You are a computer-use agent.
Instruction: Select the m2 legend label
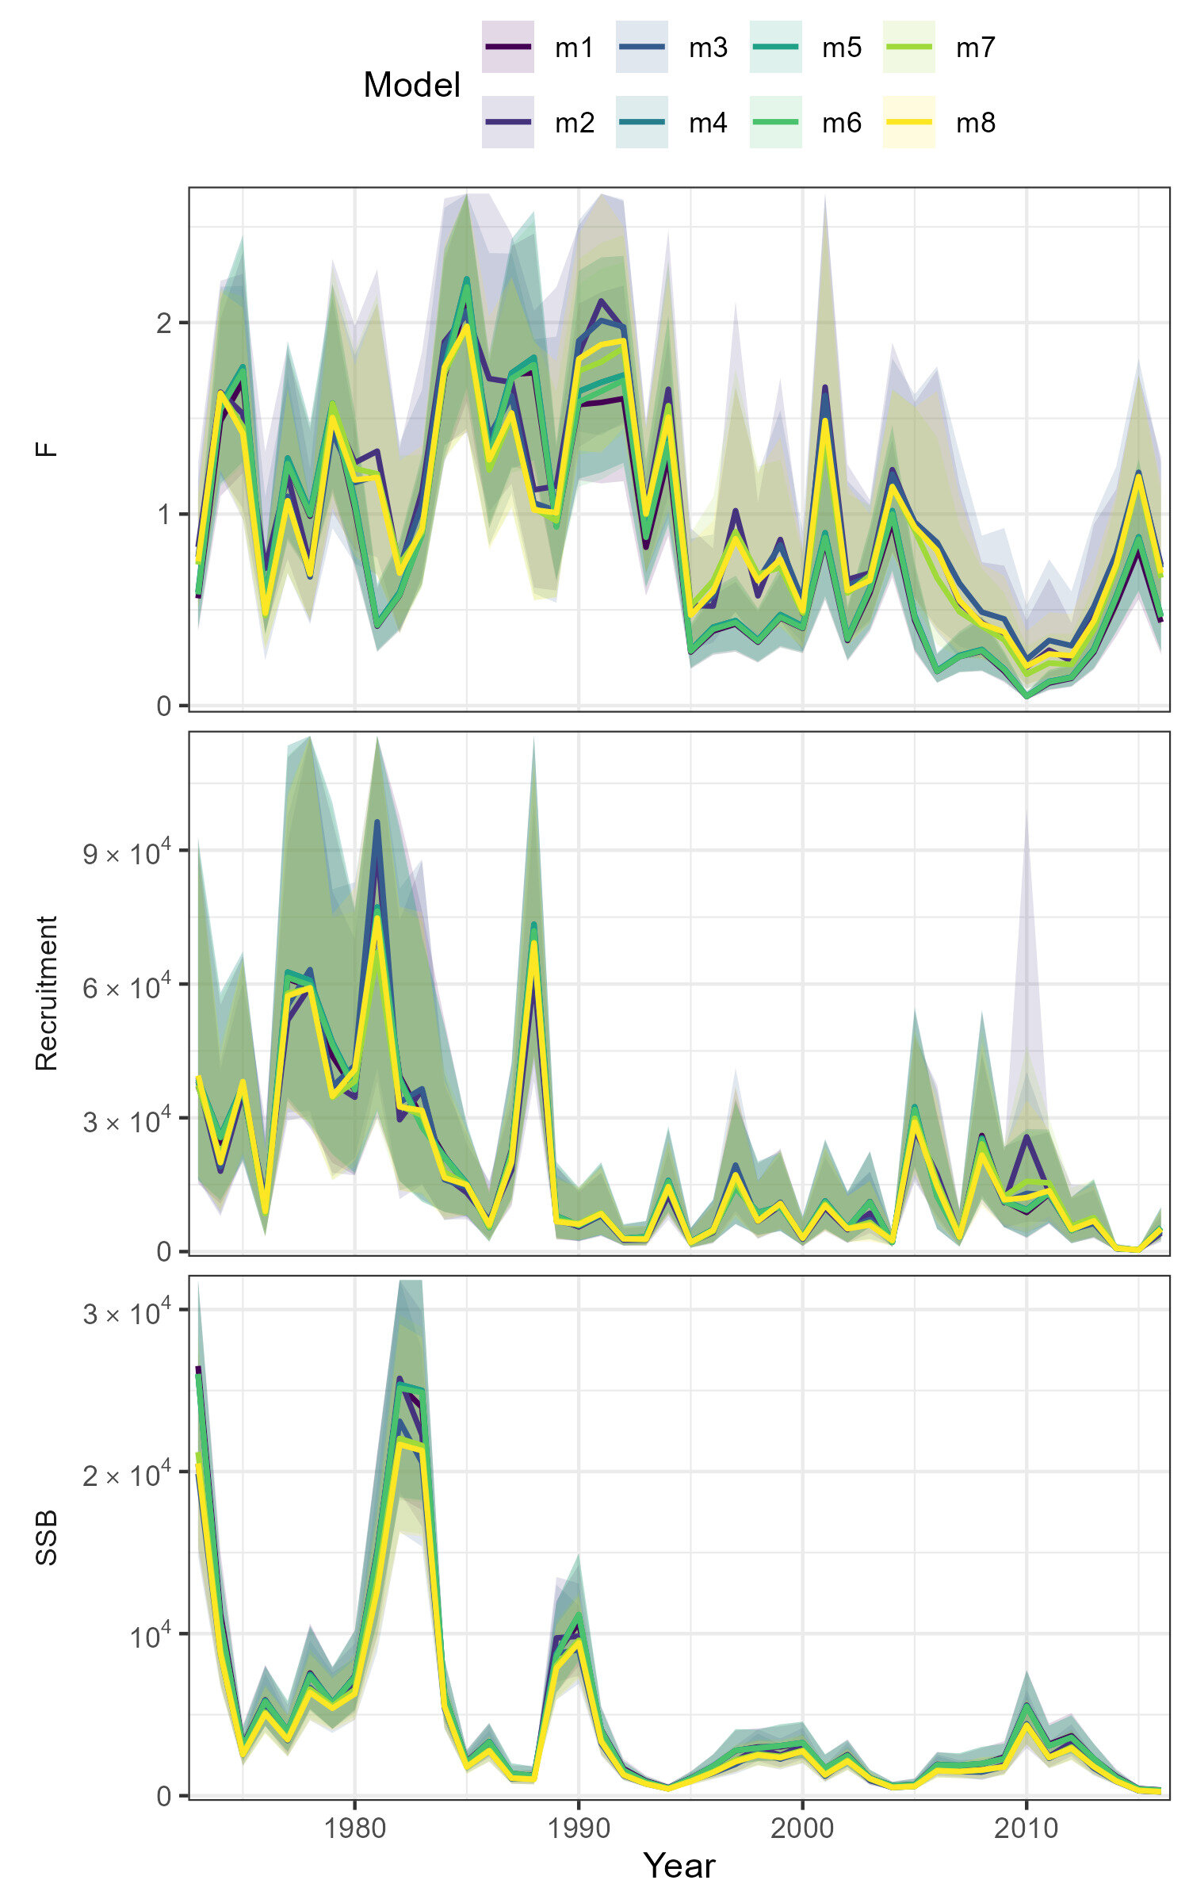575,123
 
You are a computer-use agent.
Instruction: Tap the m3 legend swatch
641,48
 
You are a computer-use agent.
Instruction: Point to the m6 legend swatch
775,123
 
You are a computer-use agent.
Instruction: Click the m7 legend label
975,48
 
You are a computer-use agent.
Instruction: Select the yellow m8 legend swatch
908,123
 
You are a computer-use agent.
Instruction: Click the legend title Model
411,85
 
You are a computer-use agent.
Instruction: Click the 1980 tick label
354,1828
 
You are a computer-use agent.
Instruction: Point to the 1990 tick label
579,1828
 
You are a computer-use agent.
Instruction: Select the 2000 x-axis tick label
802,1828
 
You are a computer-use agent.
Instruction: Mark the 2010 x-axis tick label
1027,1828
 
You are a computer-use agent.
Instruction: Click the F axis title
48,449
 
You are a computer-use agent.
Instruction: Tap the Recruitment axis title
48,993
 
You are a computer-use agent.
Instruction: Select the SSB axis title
48,1538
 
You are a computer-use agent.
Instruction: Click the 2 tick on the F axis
164,324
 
